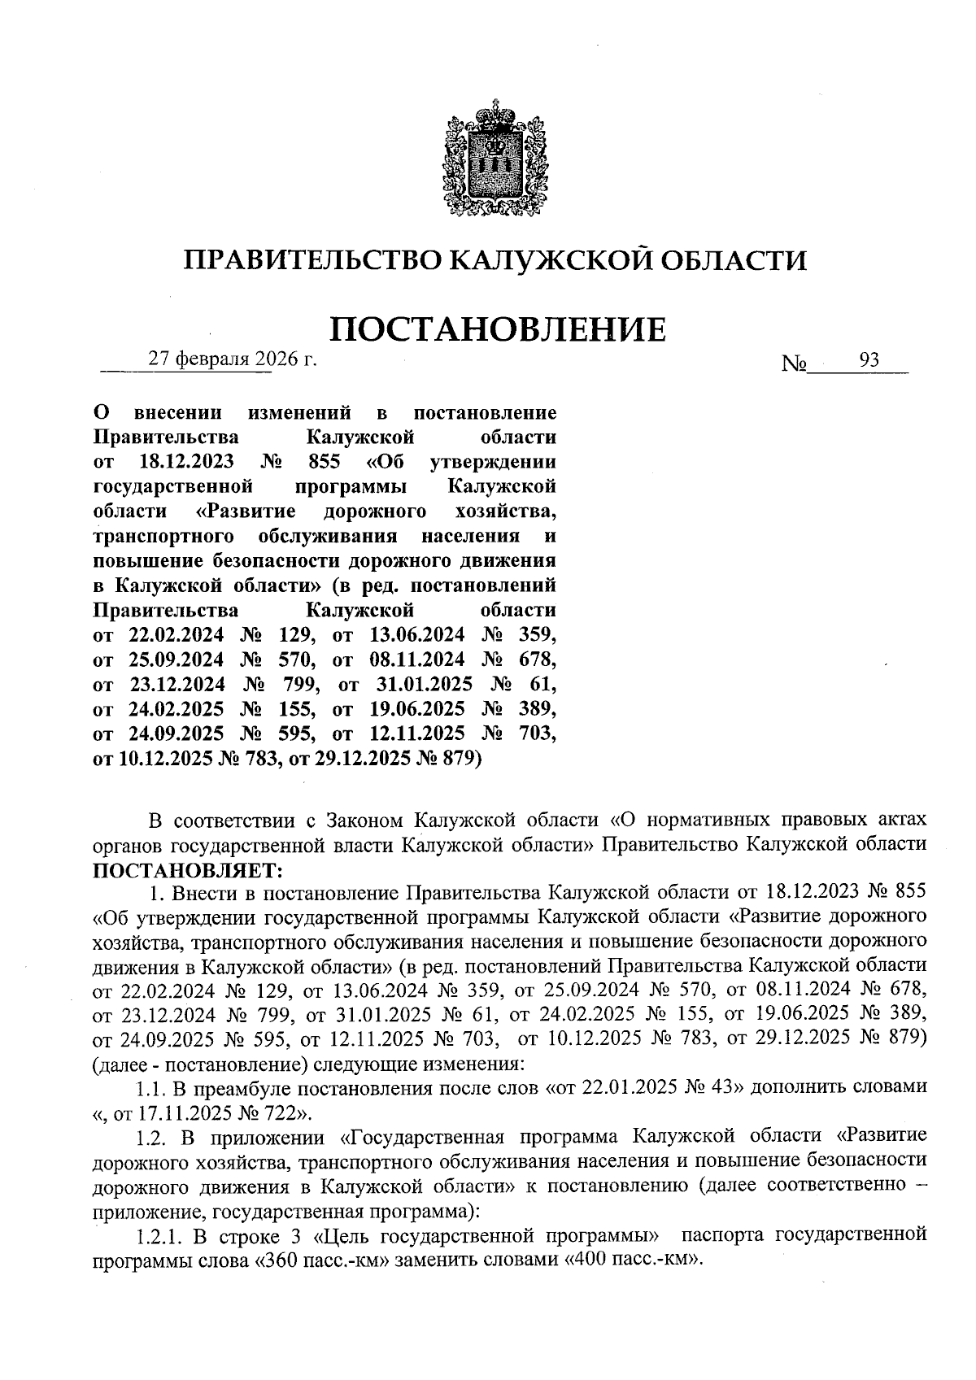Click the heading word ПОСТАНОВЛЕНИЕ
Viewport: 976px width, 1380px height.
[x=497, y=329]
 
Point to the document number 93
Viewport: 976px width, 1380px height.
[x=869, y=361]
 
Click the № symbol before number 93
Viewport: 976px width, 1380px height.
[x=794, y=363]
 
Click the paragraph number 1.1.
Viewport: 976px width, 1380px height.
[x=152, y=1089]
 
